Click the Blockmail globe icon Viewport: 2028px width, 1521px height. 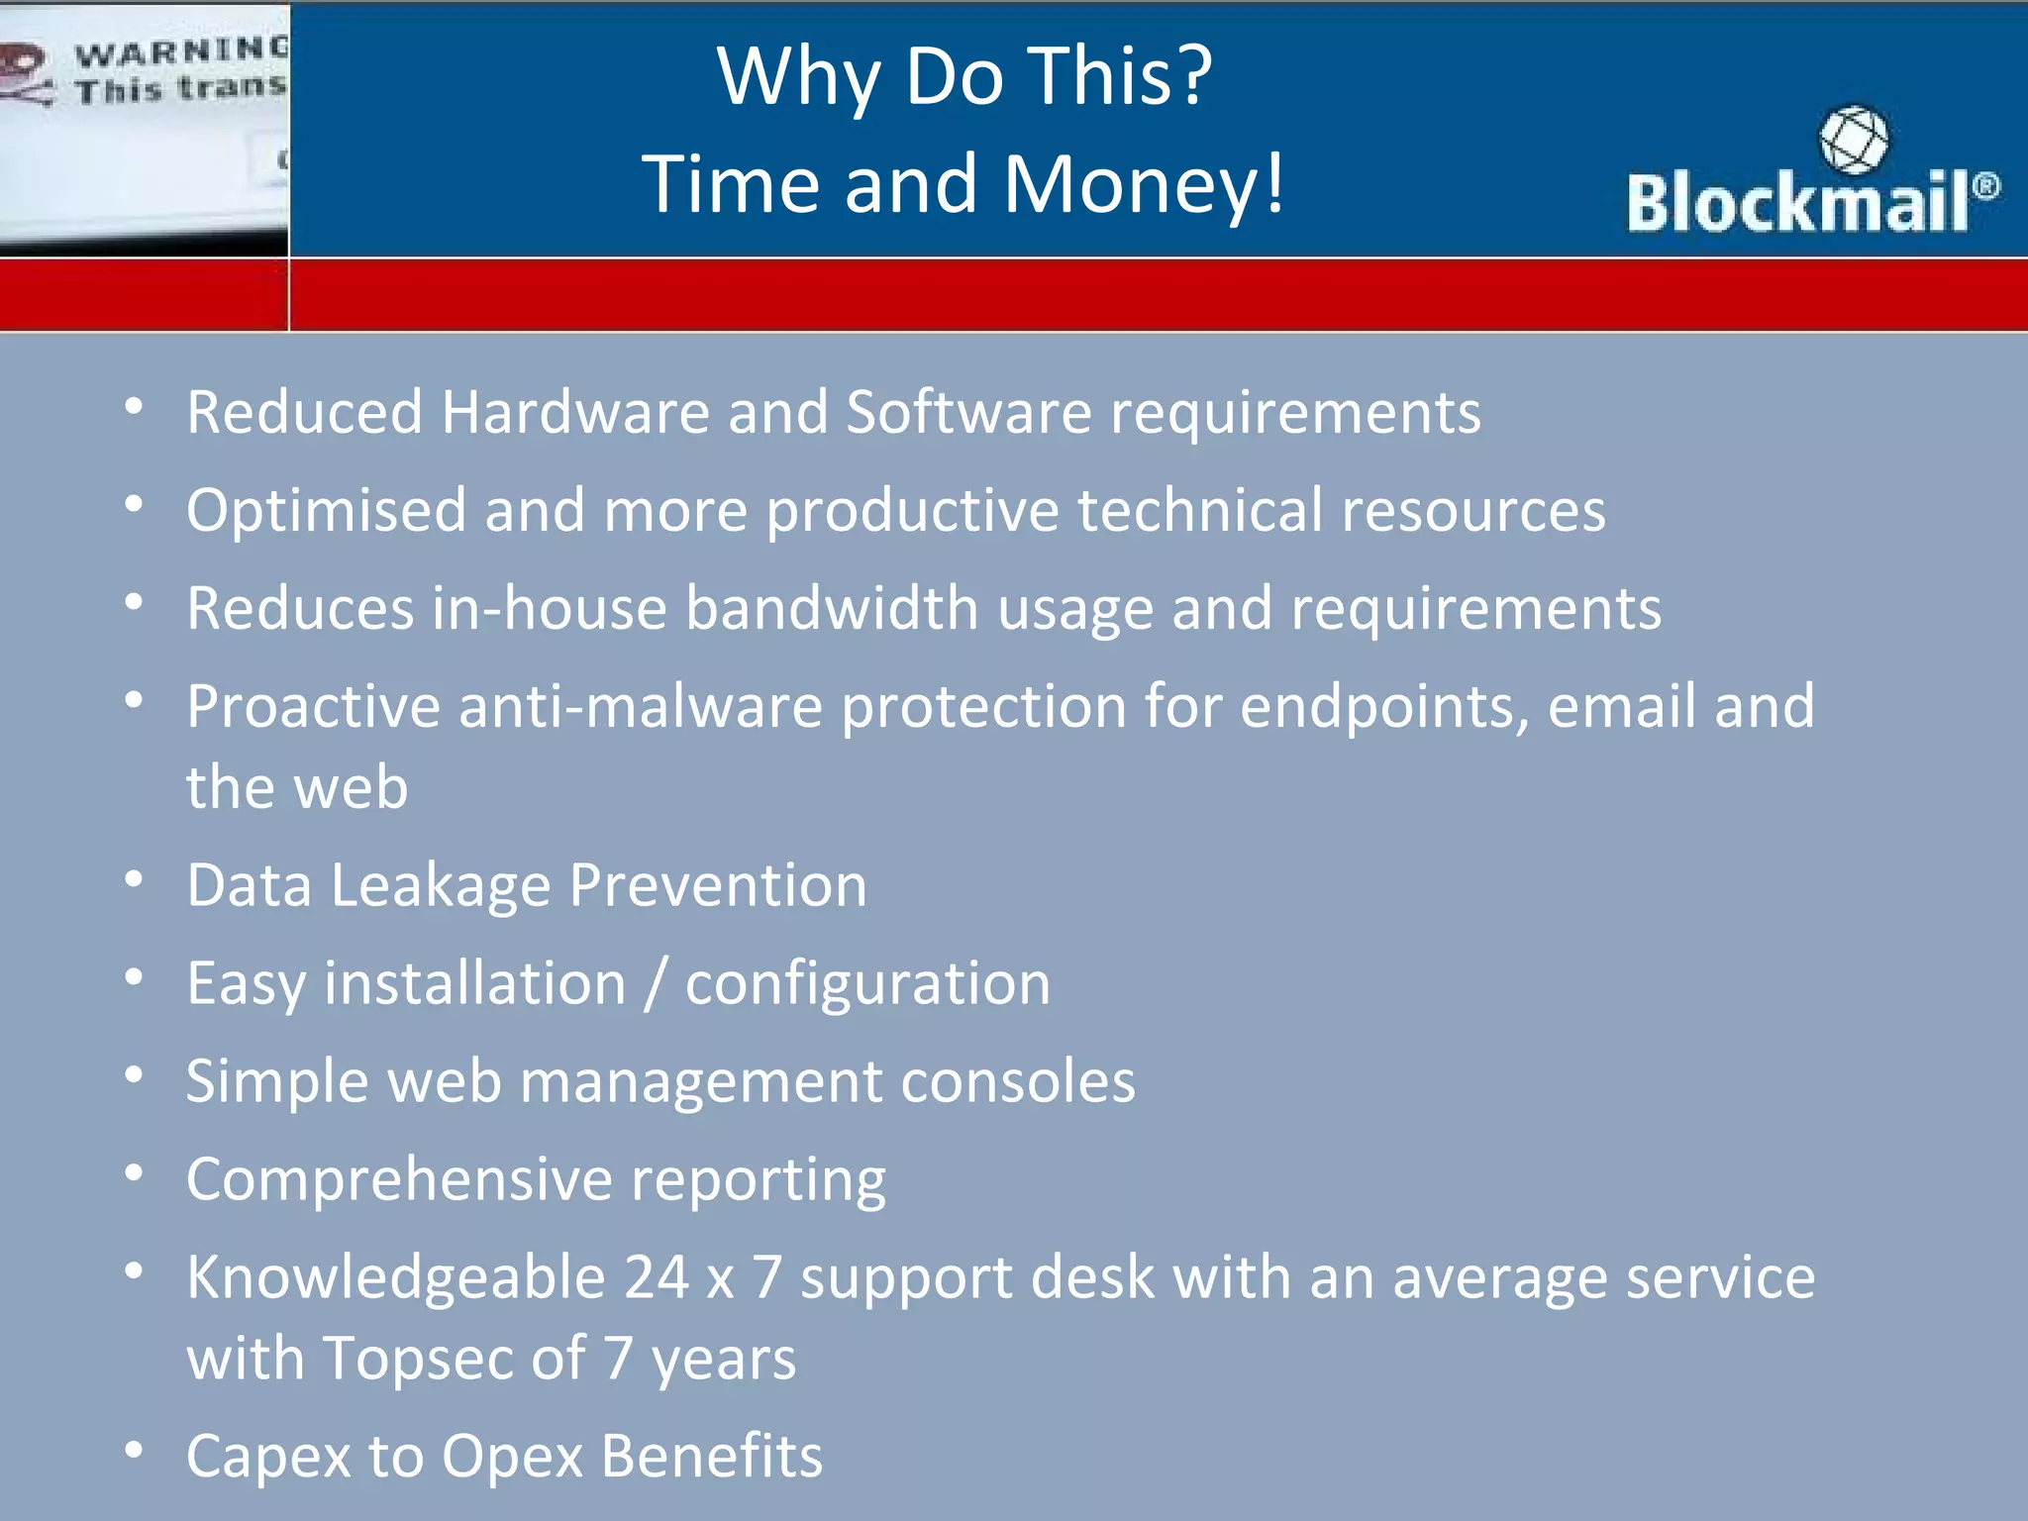(1853, 140)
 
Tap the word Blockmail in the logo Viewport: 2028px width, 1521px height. (1797, 203)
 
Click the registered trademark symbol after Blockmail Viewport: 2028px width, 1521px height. (1985, 186)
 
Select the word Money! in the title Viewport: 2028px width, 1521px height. (1144, 184)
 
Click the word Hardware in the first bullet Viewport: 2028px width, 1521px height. (575, 412)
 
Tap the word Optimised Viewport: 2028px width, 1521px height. (326, 511)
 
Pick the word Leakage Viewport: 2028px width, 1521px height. (440, 885)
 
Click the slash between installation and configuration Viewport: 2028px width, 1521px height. (655, 984)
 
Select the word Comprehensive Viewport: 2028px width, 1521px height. (399, 1180)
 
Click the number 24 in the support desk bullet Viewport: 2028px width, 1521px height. (656, 1277)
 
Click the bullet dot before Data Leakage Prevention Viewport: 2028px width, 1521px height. (135, 879)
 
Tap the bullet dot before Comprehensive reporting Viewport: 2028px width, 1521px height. (135, 1173)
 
